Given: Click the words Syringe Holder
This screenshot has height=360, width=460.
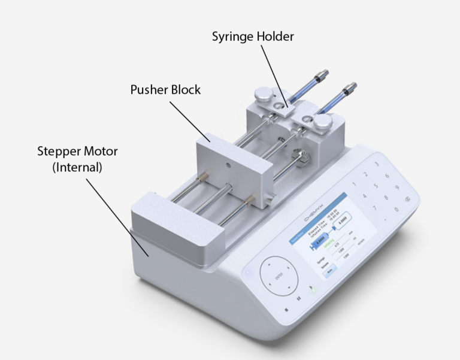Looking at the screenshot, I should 253,37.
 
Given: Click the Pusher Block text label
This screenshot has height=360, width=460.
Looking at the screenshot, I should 165,90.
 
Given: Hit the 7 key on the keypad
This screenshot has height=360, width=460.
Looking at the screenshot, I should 375,208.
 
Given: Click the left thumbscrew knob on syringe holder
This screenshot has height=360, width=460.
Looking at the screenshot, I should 261,94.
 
